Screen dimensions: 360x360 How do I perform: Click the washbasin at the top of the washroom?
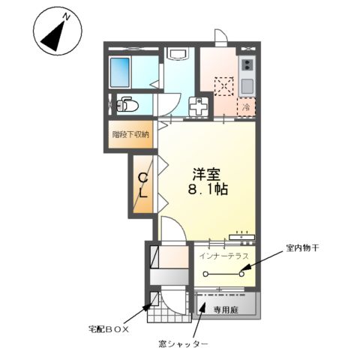coord(178,55)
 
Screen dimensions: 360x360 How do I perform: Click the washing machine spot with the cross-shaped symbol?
coord(199,107)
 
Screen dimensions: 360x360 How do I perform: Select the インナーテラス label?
coord(224,256)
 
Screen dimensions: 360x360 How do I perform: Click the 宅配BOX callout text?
coord(109,328)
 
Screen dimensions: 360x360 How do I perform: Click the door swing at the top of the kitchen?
coord(220,37)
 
